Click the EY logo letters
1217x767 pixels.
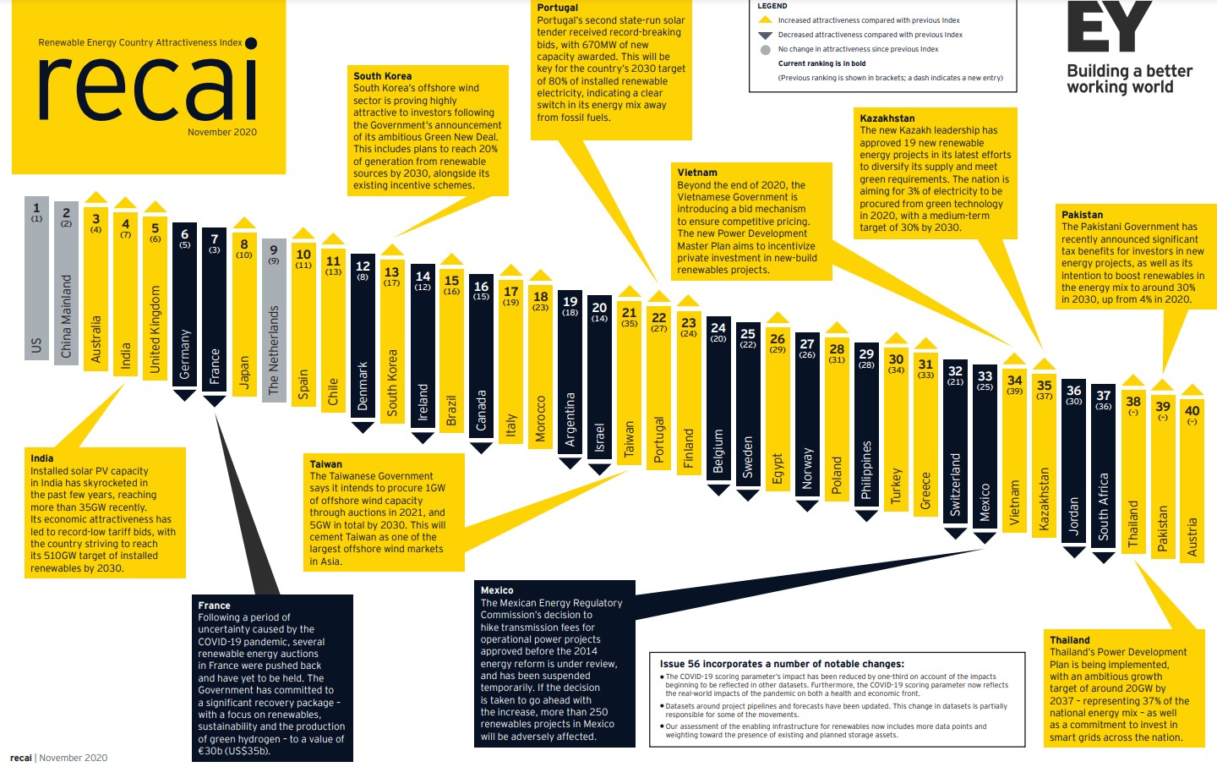[x=1108, y=27]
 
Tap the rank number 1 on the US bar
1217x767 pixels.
[x=36, y=207]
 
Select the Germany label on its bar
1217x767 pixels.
[x=185, y=353]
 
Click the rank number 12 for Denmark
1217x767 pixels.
[x=363, y=266]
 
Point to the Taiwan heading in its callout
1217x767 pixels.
[x=326, y=464]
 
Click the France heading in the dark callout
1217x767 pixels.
[x=214, y=605]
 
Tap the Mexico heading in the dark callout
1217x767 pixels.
[x=497, y=590]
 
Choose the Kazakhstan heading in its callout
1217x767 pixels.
[x=887, y=118]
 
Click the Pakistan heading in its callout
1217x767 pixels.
[x=1082, y=215]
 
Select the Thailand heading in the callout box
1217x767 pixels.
[x=1069, y=640]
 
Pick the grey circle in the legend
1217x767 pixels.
[x=766, y=50]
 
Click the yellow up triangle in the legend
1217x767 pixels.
[x=766, y=19]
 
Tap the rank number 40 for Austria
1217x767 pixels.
[x=1192, y=410]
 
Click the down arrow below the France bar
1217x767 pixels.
[x=215, y=400]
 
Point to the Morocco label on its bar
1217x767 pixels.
[x=541, y=419]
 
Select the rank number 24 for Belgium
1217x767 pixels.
[x=718, y=327]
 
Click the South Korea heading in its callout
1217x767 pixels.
[x=382, y=76]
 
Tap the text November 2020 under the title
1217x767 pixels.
[x=222, y=132]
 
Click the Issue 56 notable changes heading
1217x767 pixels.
[x=782, y=664]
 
